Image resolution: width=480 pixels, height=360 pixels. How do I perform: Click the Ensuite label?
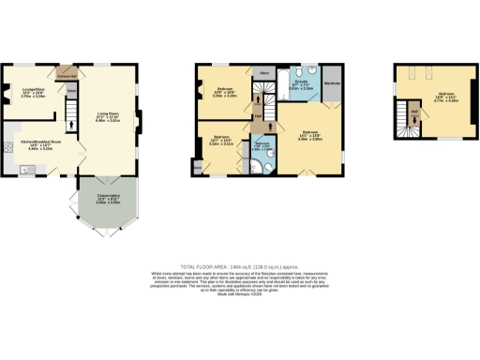(303, 86)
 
